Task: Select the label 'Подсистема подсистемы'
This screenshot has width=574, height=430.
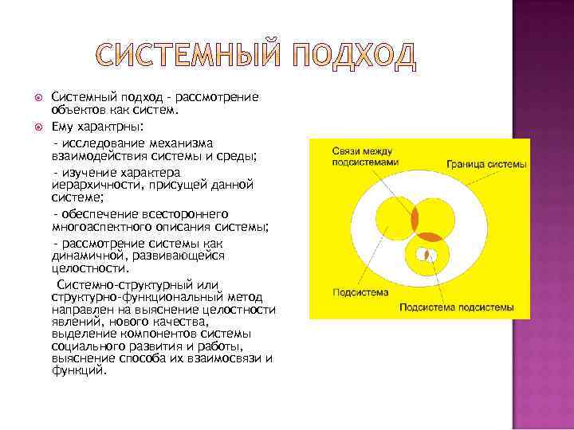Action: point(456,307)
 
